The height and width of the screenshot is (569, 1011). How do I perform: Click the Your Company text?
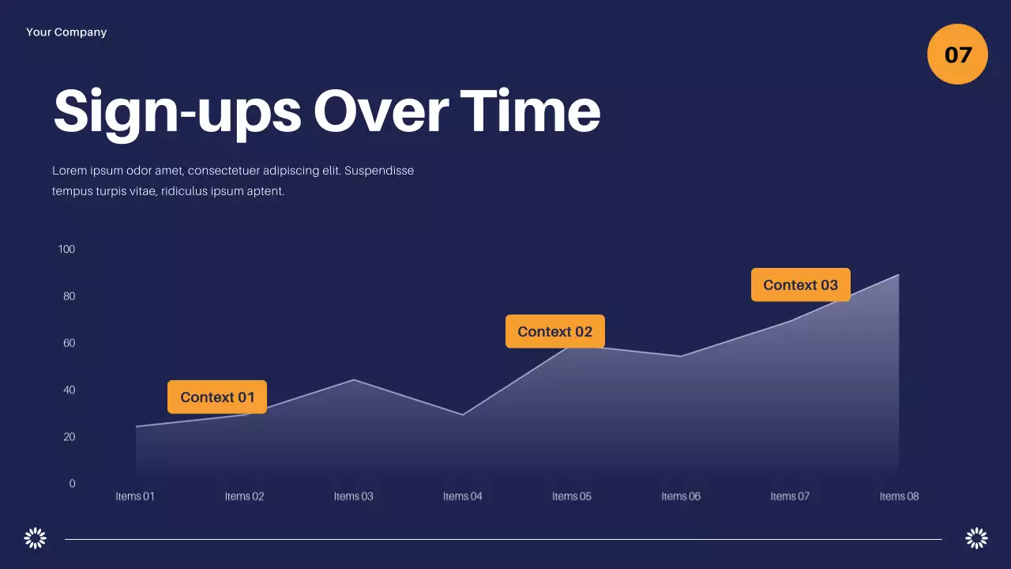click(x=66, y=32)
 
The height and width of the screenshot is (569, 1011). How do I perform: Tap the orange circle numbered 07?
click(x=957, y=55)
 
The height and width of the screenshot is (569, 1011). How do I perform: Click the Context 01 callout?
click(x=217, y=397)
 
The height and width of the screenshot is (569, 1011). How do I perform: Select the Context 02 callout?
click(x=554, y=332)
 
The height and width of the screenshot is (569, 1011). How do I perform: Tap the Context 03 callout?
click(x=800, y=285)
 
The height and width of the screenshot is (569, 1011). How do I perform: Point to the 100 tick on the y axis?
click(x=66, y=250)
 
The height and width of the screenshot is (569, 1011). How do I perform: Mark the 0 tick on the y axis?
click(x=72, y=484)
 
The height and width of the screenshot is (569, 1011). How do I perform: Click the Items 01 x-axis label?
click(x=135, y=496)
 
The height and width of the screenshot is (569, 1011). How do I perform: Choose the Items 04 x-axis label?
click(x=462, y=496)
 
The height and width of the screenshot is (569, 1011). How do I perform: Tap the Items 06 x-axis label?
click(x=681, y=496)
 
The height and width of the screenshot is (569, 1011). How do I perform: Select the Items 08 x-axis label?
click(x=899, y=496)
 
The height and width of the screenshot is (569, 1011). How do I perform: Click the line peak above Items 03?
click(x=354, y=380)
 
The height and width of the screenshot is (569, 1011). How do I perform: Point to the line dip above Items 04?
click(x=463, y=415)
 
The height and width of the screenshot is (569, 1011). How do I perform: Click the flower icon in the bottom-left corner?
click(x=36, y=538)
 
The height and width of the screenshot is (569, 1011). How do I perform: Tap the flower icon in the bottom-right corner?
click(x=976, y=538)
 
